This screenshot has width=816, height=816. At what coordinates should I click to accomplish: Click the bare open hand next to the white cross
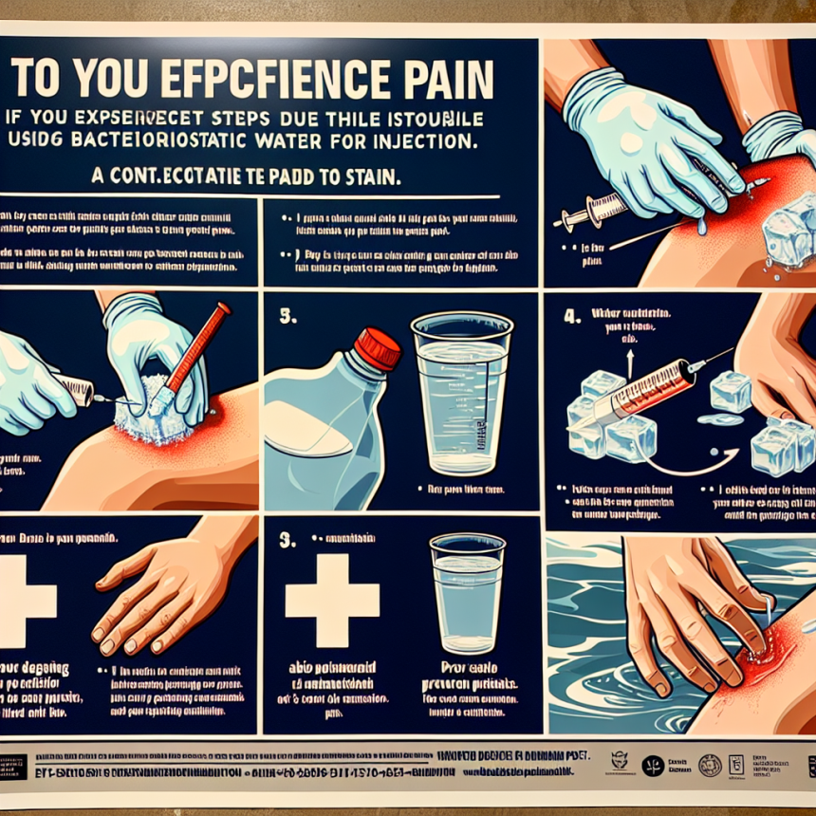point(161,593)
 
